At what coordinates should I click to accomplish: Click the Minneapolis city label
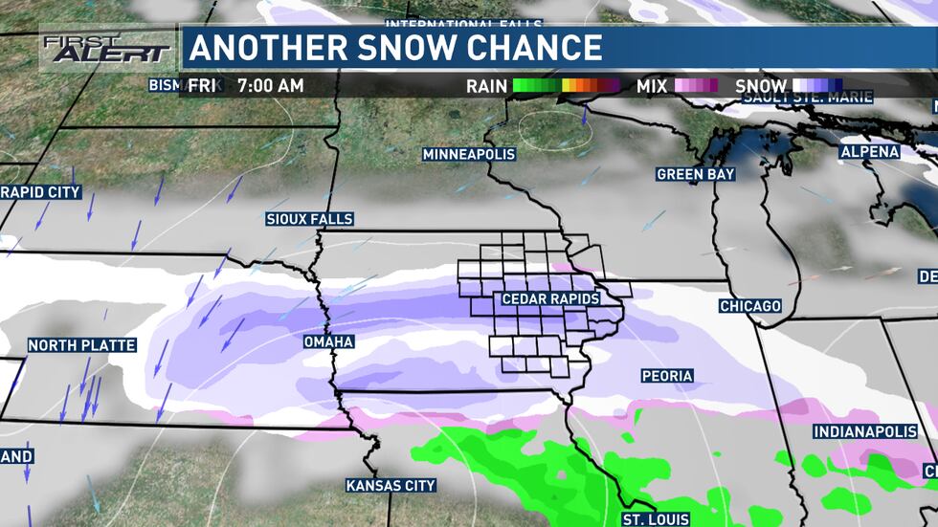pos(469,154)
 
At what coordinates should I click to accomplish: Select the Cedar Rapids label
pos(550,299)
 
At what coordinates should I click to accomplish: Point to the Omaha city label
pos(328,341)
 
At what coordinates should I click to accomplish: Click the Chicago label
pos(751,306)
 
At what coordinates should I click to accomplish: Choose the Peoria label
pos(667,376)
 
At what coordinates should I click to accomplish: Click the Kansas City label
pos(391,486)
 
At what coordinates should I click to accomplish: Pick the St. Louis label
pos(656,519)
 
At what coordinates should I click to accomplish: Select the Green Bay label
pos(696,174)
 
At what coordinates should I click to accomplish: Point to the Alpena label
pos(870,152)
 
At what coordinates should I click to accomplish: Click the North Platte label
pos(82,345)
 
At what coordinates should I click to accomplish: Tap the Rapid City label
pos(40,192)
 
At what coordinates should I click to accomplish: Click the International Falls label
pos(463,24)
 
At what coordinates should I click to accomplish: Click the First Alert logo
pos(105,48)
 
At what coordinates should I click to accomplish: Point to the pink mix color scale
pos(696,86)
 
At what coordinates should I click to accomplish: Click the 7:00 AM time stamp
pos(270,86)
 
